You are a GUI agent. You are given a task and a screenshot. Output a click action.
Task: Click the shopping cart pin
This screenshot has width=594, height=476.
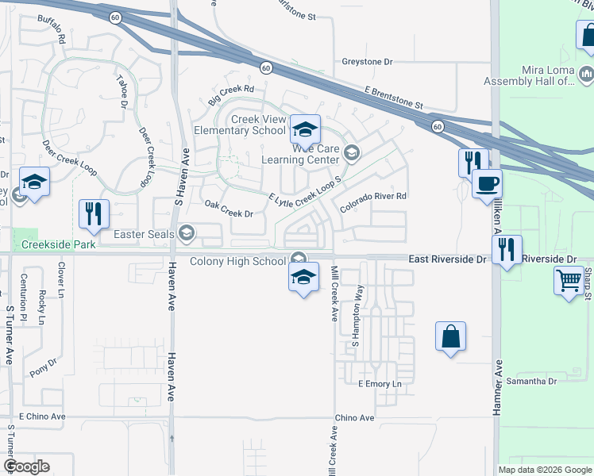569,280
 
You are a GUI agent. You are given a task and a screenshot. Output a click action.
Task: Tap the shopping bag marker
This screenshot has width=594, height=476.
450,336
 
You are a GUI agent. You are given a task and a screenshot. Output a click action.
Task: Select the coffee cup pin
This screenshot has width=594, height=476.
488,183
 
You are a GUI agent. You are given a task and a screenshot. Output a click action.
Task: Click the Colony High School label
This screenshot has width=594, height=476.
237,262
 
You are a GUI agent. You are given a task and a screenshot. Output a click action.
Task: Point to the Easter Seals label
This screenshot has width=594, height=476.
145,233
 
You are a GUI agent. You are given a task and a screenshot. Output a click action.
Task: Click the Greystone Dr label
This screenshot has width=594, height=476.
367,61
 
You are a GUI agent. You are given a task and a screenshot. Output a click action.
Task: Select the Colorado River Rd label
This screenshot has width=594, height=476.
373,202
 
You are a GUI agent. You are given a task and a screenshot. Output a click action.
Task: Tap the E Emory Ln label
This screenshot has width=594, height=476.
380,384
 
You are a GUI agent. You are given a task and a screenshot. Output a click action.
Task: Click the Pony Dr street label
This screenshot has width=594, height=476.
44,367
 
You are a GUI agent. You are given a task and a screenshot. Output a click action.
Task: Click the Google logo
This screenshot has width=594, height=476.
26,466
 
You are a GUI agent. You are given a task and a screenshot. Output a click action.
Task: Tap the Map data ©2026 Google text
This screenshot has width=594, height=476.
545,470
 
